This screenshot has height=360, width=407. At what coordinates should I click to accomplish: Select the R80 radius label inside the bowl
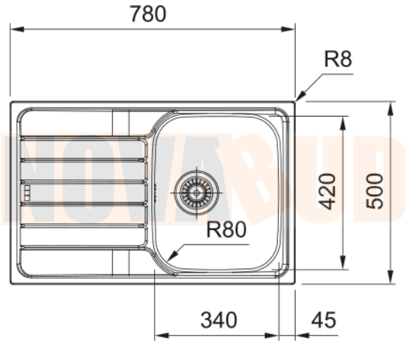(x=225, y=230)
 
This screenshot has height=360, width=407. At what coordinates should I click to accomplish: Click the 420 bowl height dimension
(x=327, y=191)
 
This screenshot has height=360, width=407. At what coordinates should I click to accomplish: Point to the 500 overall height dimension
(x=375, y=191)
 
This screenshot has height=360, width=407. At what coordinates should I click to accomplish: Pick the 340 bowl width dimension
(x=219, y=320)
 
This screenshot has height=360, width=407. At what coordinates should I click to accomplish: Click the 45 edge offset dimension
(x=324, y=320)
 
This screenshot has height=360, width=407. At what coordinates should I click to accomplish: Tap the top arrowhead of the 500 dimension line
(x=390, y=107)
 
